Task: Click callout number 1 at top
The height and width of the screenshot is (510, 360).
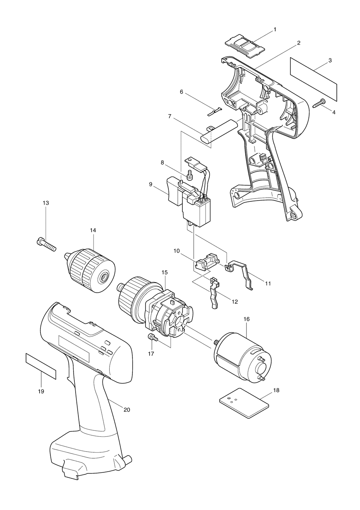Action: (275, 30)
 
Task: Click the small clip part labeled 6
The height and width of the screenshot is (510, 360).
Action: (216, 111)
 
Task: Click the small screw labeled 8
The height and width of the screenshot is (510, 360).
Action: (189, 175)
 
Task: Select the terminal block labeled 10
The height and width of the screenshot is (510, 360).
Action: (206, 261)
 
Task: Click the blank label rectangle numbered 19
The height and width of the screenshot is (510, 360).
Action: (40, 366)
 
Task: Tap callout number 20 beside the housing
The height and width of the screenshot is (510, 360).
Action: (127, 410)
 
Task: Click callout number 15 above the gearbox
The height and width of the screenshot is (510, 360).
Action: (164, 272)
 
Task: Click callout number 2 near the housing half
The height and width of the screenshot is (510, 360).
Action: (298, 42)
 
